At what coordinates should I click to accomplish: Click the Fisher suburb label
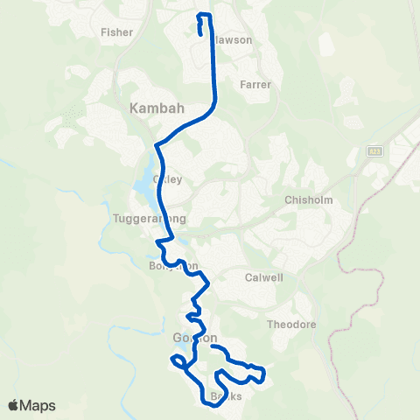[x=116, y=32]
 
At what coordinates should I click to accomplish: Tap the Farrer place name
[x=255, y=85]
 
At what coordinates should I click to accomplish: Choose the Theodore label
[x=291, y=324]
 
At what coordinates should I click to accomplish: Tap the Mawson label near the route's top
[x=233, y=39]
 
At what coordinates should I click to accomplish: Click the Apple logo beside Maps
[x=13, y=405]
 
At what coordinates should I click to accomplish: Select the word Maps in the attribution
[x=38, y=405]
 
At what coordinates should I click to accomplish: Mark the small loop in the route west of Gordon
[x=176, y=360]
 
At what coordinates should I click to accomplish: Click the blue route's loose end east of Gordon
[x=213, y=346]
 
